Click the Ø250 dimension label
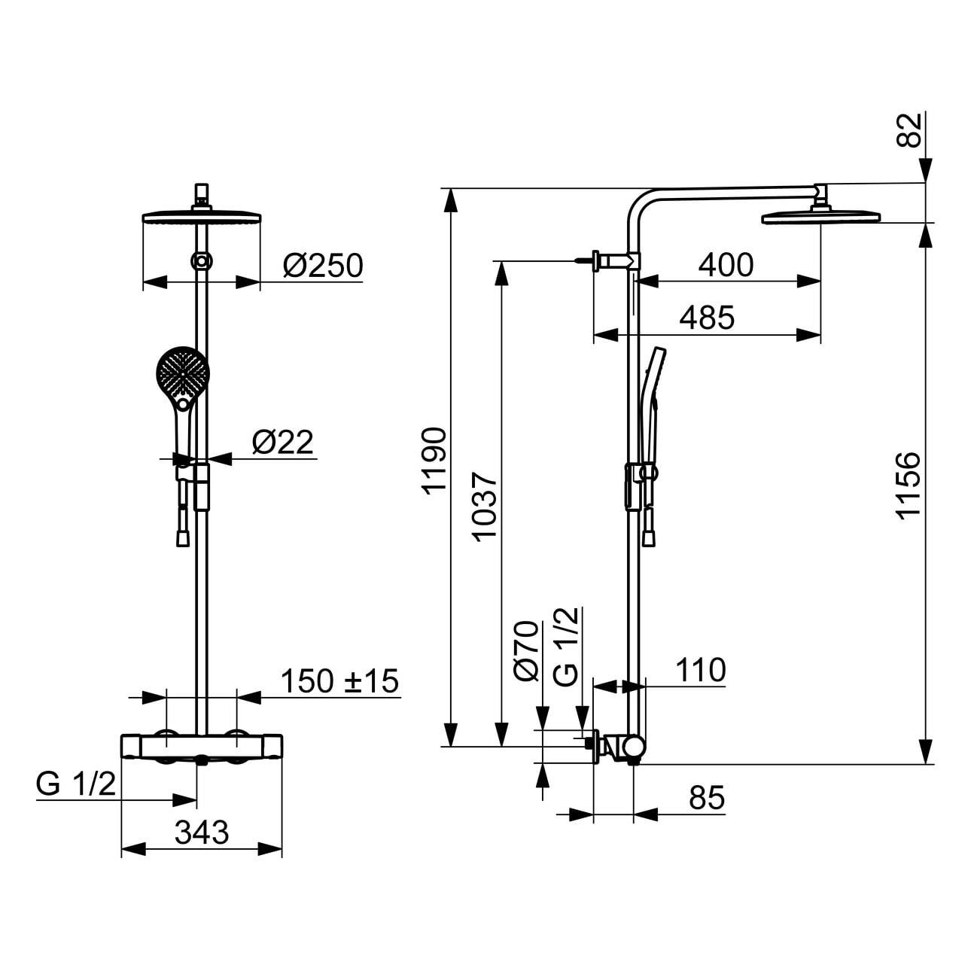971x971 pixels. (x=323, y=266)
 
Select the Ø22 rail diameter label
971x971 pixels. (x=283, y=443)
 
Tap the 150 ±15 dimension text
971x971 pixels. (x=339, y=681)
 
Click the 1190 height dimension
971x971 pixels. (x=434, y=461)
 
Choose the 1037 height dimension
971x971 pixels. (x=485, y=507)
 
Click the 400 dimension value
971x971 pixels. (x=726, y=265)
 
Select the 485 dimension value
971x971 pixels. (x=707, y=318)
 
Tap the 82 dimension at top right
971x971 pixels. (x=909, y=130)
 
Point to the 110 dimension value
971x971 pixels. (x=701, y=670)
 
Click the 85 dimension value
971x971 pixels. (x=707, y=798)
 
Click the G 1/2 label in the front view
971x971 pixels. (x=75, y=784)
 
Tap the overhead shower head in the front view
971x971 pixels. (x=202, y=218)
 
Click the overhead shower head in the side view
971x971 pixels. (x=821, y=218)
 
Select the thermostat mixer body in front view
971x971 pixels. (x=202, y=747)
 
